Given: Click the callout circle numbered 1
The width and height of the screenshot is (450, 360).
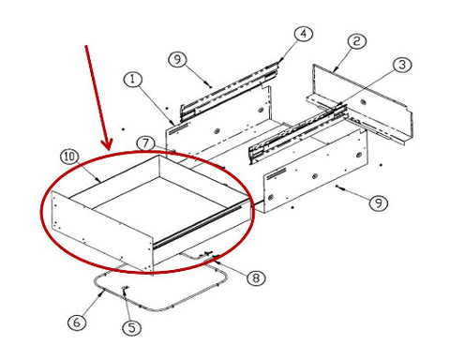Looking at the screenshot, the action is coord(133,80).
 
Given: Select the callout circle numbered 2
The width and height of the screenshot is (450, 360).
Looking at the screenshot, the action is coord(357,41).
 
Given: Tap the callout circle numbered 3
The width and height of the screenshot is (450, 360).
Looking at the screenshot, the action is coord(402,65).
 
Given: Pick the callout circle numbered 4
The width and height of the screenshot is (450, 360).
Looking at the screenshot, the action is coord(304,34).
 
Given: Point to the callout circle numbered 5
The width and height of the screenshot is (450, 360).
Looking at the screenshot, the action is coord(131,328).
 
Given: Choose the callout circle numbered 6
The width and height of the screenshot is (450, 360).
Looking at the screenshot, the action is coord(77,322).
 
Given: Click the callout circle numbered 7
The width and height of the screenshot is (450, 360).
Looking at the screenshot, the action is coord(145,144).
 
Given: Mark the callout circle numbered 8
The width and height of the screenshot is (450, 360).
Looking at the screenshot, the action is coord(256,277).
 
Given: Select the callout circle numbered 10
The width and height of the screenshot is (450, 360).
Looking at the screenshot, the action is coord(69,157).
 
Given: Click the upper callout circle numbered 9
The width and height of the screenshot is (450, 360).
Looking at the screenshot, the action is coord(177,59).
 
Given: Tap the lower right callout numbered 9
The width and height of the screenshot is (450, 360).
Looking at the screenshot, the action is coord(379,203).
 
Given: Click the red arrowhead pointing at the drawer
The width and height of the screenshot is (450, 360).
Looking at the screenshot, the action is coord(107,144).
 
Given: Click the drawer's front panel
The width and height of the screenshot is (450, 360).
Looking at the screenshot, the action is coord(102,231).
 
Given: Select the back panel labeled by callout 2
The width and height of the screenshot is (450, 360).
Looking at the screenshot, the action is coord(363,101).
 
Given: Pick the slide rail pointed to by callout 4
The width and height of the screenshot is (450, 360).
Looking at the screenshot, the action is coord(230,91).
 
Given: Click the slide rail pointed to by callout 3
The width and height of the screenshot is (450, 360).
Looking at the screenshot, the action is coord(298,133).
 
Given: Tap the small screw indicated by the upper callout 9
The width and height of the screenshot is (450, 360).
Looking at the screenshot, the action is coord(209,83).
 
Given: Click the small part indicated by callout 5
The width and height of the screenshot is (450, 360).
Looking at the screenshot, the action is coord(125,289).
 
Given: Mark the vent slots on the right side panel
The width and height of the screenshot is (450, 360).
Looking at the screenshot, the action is coord(276,173).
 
